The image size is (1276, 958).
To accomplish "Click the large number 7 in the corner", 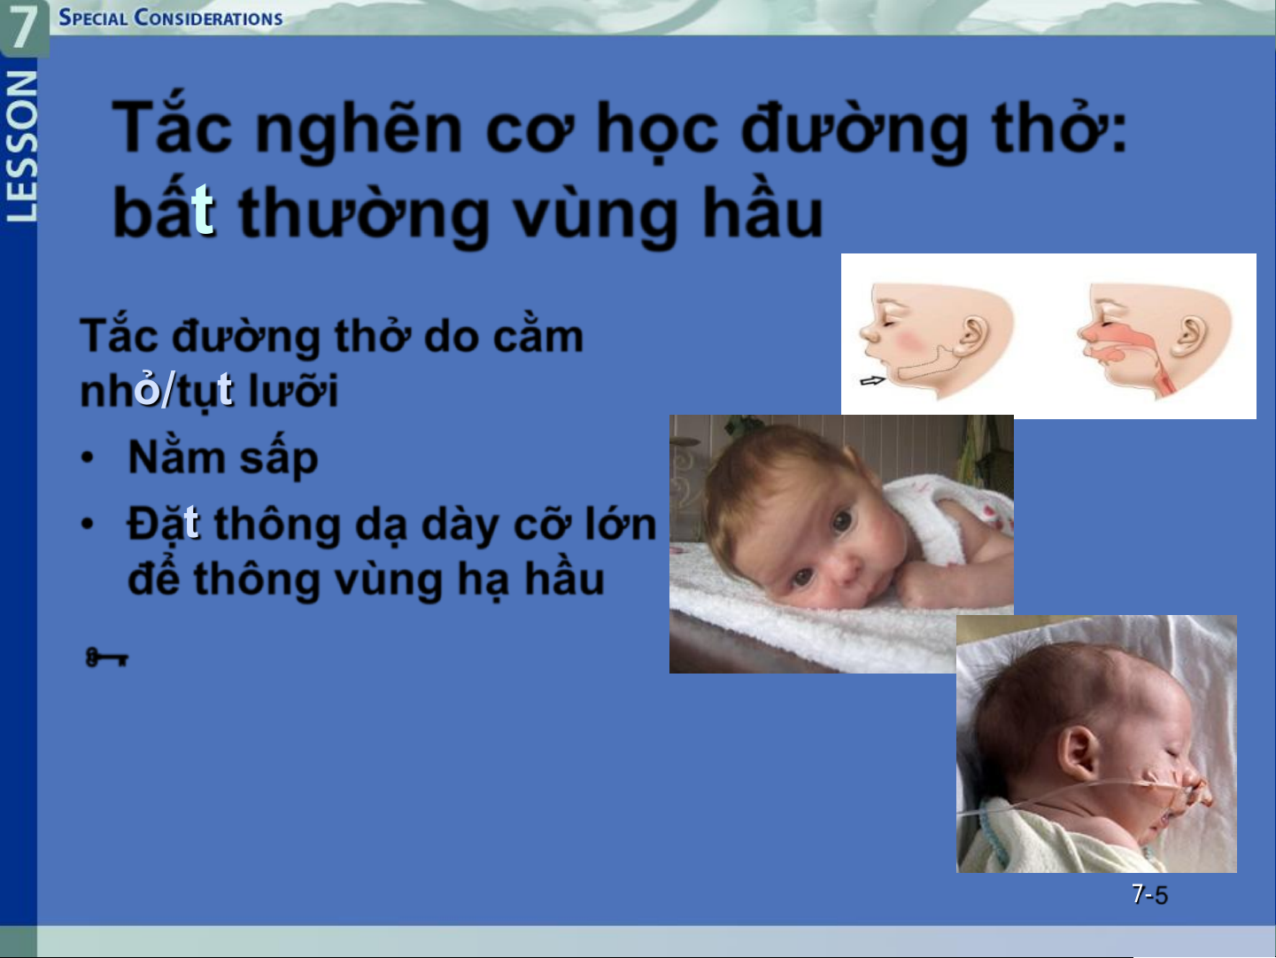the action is pyautogui.click(x=23, y=27).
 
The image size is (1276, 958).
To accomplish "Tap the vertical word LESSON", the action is pyautogui.click(x=21, y=146).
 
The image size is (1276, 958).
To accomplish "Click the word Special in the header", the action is pyautogui.click(x=93, y=18).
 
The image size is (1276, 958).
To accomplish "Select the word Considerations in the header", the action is pyautogui.click(x=208, y=18).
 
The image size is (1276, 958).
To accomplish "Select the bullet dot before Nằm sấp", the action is pyautogui.click(x=87, y=456).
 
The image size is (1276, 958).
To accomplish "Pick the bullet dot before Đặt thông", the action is pyautogui.click(x=87, y=524).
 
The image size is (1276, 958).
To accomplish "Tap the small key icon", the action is pyautogui.click(x=106, y=658).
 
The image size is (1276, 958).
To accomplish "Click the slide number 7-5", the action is pyautogui.click(x=1149, y=894).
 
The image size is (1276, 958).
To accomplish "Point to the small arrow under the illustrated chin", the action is pyautogui.click(x=872, y=380).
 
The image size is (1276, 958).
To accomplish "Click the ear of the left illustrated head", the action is pyautogui.click(x=970, y=336).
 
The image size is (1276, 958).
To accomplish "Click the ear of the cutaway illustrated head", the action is pyautogui.click(x=1188, y=336).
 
